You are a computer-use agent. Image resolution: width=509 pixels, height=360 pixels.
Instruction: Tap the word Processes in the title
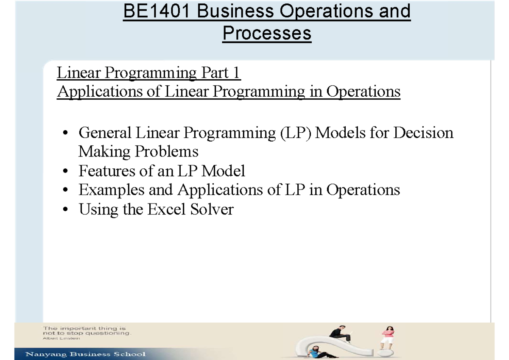(267, 33)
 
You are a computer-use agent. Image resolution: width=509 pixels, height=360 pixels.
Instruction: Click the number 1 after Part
(236, 73)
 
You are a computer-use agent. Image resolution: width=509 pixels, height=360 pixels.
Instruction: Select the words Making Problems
(138, 151)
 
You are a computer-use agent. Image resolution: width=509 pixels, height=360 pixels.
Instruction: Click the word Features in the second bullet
(106, 171)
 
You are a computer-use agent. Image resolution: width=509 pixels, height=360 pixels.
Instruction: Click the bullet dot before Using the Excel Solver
(65, 209)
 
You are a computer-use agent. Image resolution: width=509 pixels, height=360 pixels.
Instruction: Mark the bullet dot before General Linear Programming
(65, 134)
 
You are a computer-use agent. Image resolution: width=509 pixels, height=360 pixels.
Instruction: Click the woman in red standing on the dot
(388, 337)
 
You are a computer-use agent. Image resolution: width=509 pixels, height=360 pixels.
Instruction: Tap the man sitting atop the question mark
(342, 335)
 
